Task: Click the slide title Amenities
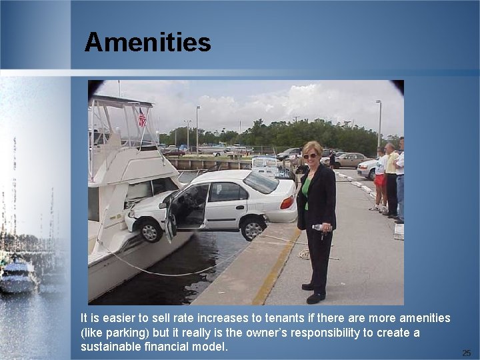147,43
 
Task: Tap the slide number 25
467,353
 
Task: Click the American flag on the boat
141,118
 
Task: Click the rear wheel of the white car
253,228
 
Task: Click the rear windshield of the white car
261,182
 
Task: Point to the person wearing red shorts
380,178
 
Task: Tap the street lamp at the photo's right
379,123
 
